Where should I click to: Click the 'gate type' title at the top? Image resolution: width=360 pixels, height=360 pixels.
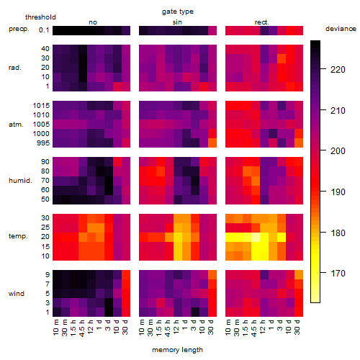tap(178, 12)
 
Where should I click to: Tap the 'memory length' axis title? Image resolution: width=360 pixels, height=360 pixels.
tap(177, 350)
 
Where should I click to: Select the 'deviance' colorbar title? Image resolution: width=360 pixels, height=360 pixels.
tap(341, 29)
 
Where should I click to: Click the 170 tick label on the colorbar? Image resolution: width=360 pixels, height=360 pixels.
tap(338, 273)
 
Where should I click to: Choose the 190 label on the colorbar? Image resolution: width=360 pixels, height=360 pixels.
tap(338, 192)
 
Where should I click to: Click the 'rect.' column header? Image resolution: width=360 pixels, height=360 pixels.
tap(261, 22)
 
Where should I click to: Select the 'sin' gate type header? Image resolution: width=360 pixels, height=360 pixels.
tap(177, 22)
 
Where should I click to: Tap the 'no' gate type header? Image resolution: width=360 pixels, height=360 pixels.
tap(93, 22)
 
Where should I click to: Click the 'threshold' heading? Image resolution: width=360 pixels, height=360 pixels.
tap(40, 17)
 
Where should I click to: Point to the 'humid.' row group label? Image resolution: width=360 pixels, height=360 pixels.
tap(20, 181)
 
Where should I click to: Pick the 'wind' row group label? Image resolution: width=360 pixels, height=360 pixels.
tap(17, 294)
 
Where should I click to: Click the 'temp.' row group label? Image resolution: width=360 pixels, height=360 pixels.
tap(18, 236)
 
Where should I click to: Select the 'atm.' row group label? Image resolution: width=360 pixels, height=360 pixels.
tap(16, 125)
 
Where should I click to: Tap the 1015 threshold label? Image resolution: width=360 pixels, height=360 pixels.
tap(41, 106)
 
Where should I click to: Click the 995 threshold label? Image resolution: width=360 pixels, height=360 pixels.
tap(43, 143)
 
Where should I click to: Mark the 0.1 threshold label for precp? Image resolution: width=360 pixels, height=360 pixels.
tap(44, 30)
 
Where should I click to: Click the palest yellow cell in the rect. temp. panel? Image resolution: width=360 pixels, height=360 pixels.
tap(256, 237)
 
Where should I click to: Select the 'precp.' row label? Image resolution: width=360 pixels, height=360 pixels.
tap(19, 29)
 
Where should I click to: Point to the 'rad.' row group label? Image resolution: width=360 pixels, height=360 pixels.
tap(15, 68)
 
